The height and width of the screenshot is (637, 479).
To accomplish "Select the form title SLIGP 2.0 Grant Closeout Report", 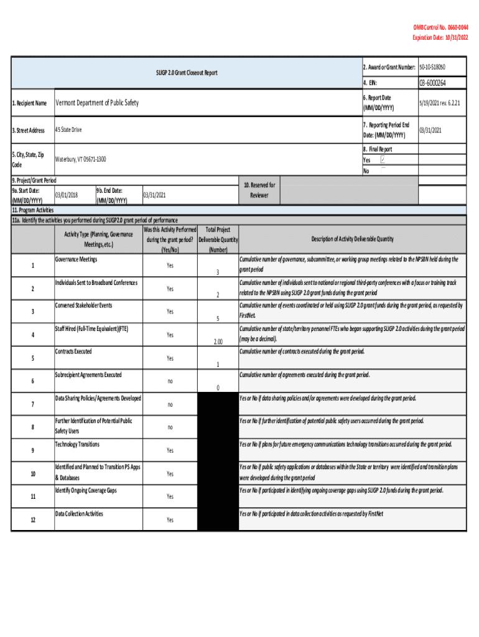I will point(187,73).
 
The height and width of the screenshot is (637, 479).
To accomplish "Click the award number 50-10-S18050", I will point(432,67).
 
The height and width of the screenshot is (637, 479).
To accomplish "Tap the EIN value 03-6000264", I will point(432,82).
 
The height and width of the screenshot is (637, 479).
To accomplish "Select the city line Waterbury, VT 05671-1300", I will point(81,159).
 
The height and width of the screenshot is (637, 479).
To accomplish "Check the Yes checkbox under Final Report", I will point(383,160).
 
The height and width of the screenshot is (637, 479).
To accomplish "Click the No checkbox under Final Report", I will point(383,170).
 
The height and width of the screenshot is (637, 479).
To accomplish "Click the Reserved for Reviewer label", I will point(259,190).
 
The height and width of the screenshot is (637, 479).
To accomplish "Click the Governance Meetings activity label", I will point(76,259).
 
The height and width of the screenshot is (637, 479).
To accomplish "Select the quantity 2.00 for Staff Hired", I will point(218,341).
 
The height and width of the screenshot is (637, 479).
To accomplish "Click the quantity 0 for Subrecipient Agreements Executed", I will point(218,388).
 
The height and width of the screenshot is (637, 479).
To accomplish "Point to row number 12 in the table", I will point(32,520).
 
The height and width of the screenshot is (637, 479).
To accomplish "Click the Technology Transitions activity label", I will point(77,444).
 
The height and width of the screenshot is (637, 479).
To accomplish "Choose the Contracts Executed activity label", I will point(73,351).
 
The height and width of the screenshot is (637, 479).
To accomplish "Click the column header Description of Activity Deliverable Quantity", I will point(352,239).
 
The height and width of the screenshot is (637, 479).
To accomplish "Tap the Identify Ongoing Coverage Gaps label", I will point(85,490).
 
